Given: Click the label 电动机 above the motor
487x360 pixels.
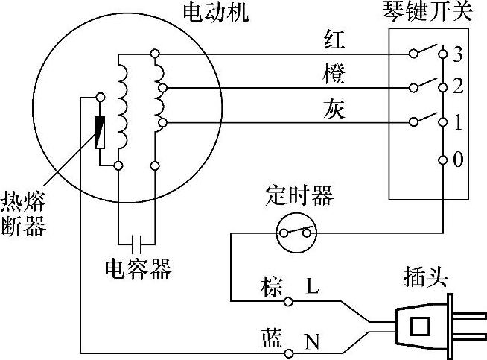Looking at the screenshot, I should pos(216,13).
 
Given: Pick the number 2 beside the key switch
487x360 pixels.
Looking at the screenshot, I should pos(458,88).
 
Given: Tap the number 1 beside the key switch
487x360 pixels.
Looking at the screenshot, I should pos(458,121).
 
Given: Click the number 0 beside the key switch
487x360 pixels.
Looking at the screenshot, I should pos(458,160).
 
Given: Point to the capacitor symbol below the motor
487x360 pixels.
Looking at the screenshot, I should pos(136,243).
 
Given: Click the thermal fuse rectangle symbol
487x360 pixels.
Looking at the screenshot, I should pos(100,132).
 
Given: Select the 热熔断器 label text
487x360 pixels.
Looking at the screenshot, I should pos(24,213).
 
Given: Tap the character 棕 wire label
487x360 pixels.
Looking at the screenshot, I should pos(272,286).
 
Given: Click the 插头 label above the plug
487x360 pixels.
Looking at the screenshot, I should pos(423,279).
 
